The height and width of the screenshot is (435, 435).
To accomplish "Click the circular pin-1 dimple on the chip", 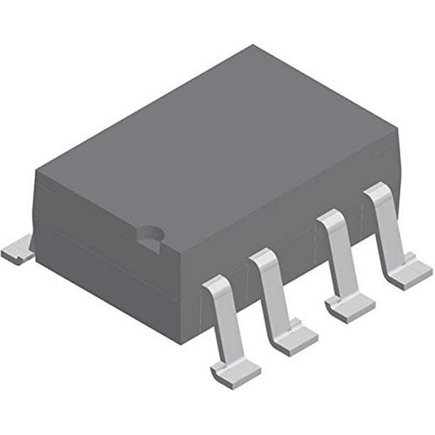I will pos(151,235).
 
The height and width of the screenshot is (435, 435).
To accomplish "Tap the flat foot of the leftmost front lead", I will pos(233,370).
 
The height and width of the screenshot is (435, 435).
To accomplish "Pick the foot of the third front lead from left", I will pos(350,307).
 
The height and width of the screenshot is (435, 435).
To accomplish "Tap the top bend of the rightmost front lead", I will pos(378,191).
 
